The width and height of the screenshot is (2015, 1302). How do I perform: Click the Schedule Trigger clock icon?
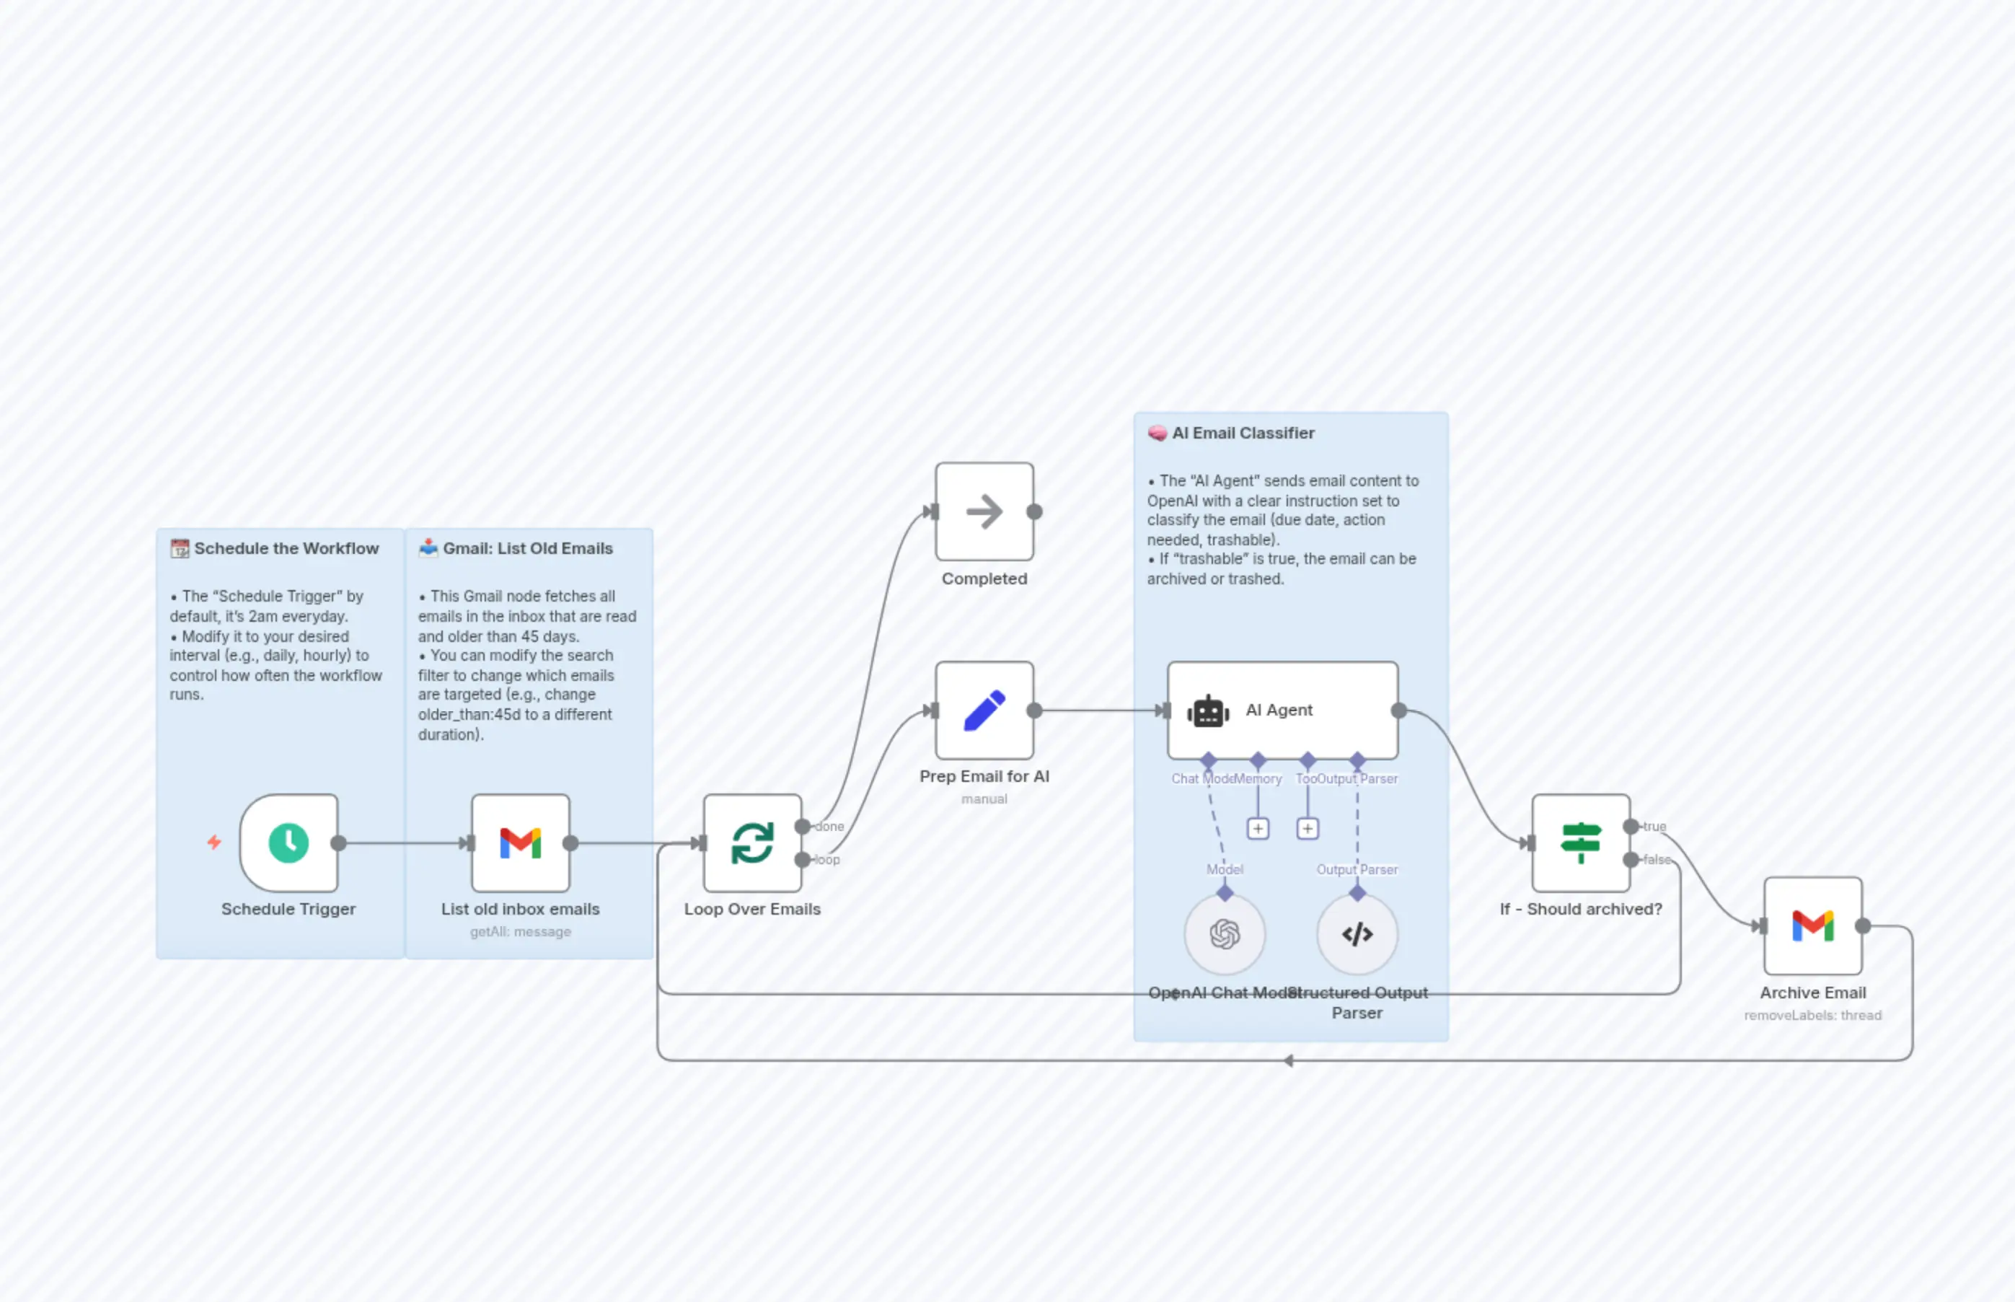pyautogui.click(x=288, y=843)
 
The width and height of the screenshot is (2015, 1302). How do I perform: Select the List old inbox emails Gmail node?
pyautogui.click(x=520, y=843)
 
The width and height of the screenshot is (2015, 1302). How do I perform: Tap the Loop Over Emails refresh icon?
pyautogui.click(x=752, y=843)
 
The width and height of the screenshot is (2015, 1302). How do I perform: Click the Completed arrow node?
pyautogui.click(x=984, y=511)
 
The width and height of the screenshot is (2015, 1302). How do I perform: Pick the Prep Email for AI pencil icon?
pyautogui.click(x=984, y=711)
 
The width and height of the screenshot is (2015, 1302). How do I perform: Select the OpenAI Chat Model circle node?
pyautogui.click(x=1224, y=934)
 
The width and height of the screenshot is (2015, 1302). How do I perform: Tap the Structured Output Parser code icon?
pyautogui.click(x=1357, y=934)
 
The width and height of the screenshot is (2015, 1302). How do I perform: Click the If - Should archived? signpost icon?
pyautogui.click(x=1581, y=843)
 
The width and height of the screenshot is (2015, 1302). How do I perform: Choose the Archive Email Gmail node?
pyautogui.click(x=1812, y=925)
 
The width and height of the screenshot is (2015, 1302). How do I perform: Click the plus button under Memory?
pyautogui.click(x=1258, y=829)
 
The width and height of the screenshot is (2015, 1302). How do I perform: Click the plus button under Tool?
pyautogui.click(x=1308, y=829)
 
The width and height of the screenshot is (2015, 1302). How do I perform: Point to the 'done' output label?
pyautogui.click(x=829, y=827)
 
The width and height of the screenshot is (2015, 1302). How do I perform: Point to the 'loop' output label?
pyautogui.click(x=826, y=860)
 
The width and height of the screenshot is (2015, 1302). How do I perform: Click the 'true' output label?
pyautogui.click(x=1654, y=827)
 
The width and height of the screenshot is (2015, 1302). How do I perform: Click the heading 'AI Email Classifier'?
pyautogui.click(x=1243, y=433)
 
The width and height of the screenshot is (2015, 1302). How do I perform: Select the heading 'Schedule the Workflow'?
pyautogui.click(x=286, y=548)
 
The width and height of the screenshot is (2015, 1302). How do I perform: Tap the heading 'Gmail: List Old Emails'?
pyautogui.click(x=527, y=548)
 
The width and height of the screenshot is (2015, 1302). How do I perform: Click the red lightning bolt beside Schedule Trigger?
pyautogui.click(x=215, y=842)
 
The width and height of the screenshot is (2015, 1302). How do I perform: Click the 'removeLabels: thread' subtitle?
pyautogui.click(x=1812, y=1016)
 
